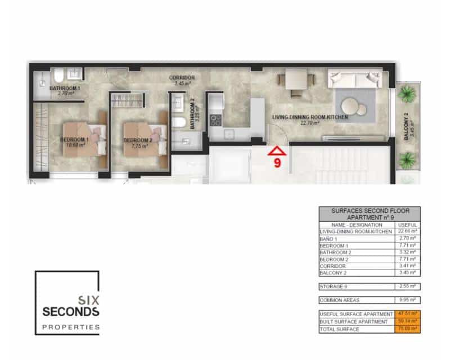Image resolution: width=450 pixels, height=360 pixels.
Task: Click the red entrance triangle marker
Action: [277, 151]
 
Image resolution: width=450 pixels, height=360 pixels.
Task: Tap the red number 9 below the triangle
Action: [277, 163]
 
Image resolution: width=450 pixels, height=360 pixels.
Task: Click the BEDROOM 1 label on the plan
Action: [75, 139]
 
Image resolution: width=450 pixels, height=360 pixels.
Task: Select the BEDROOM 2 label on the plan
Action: [138, 140]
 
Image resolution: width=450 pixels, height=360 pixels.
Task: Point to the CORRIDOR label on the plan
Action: [182, 78]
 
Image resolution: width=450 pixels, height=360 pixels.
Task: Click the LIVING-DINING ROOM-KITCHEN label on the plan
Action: [310, 118]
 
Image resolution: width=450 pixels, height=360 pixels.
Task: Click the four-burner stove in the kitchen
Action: [215, 120]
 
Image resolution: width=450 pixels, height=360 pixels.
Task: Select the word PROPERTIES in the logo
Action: [71, 327]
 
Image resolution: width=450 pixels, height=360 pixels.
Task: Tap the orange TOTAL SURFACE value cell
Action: [406, 328]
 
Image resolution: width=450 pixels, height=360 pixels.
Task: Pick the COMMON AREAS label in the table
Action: [339, 300]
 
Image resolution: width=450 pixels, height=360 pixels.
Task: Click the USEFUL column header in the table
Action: [406, 225]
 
